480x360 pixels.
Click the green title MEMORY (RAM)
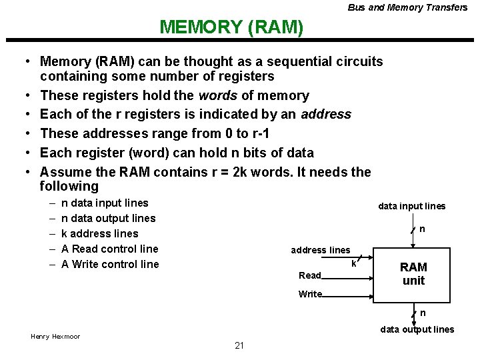[x=231, y=27]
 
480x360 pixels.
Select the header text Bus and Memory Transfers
[x=407, y=7]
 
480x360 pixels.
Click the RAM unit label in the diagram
[x=413, y=274]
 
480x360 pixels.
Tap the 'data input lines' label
[x=412, y=206]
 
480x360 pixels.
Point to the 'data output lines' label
[x=417, y=329]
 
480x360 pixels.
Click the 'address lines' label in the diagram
[x=320, y=250]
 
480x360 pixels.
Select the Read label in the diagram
[x=310, y=275]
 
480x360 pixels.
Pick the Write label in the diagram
[x=310, y=294]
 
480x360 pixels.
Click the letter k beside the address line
[x=353, y=263]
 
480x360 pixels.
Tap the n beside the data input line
[x=422, y=229]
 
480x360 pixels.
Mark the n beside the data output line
[x=422, y=313]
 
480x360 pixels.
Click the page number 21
[x=239, y=345]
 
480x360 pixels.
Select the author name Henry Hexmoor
[x=55, y=336]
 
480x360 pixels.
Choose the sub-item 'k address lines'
[x=99, y=233]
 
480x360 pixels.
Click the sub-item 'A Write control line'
[x=110, y=264]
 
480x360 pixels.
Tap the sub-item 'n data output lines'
[x=108, y=218]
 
